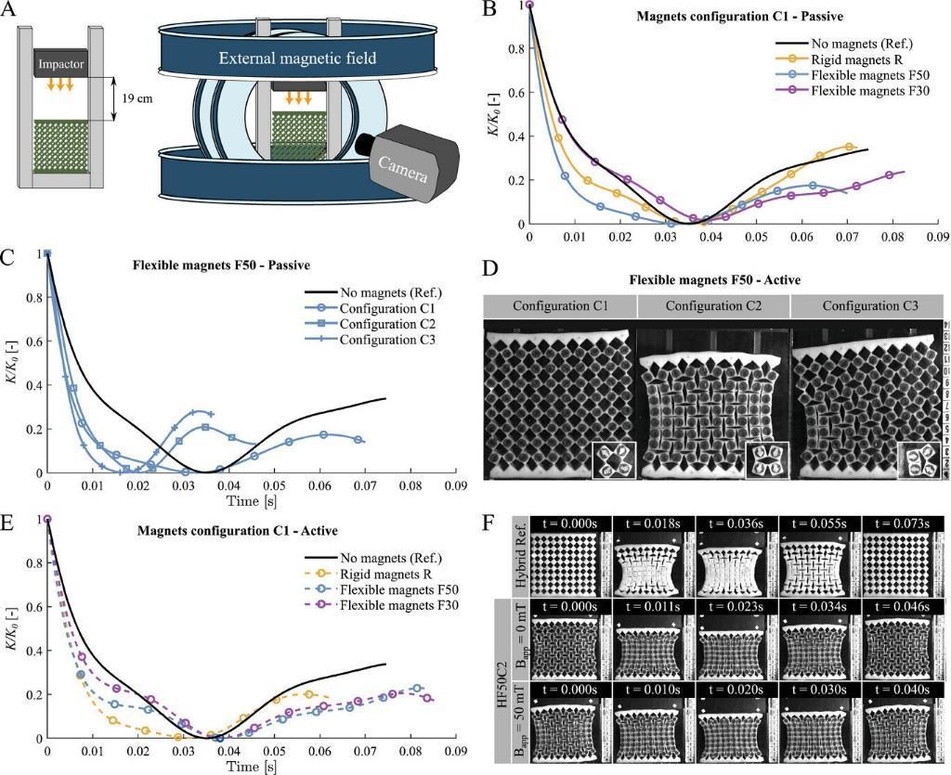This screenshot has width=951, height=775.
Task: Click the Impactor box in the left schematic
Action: tap(61, 64)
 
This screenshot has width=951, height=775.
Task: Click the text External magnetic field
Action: tap(297, 58)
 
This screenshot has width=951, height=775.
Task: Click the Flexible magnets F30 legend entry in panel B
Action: tap(866, 92)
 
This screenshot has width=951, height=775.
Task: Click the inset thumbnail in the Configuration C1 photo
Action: tap(614, 460)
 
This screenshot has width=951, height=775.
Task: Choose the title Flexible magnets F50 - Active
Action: tap(714, 278)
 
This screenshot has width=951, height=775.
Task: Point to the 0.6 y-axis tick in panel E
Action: tap(36, 607)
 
